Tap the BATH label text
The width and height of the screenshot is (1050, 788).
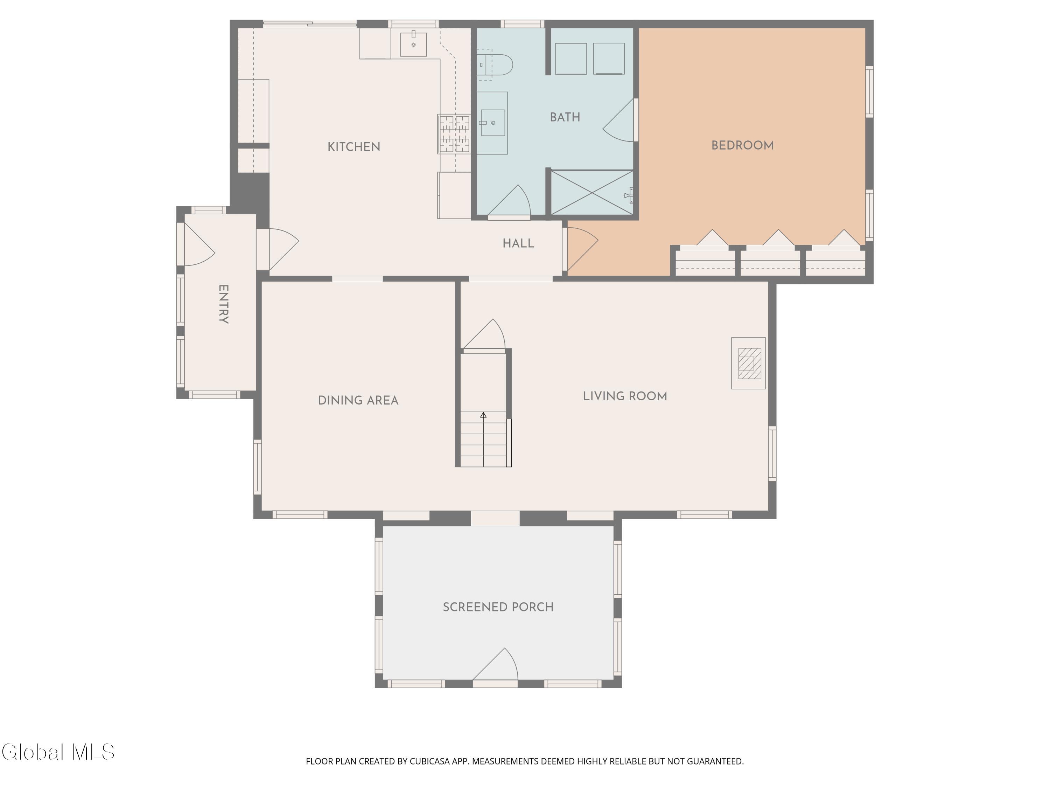[x=565, y=117]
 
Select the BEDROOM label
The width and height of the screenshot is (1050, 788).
[x=742, y=146]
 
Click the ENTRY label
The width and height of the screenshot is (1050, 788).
[x=224, y=304]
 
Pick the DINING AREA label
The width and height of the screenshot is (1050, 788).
[x=358, y=400]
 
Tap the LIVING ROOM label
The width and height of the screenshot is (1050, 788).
[x=625, y=396]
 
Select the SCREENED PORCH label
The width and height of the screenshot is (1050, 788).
[x=498, y=607]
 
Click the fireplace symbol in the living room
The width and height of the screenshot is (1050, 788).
[x=749, y=364]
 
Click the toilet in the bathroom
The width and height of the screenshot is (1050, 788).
[x=494, y=64]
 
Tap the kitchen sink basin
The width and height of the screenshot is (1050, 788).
[x=413, y=44]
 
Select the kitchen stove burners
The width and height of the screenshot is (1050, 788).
[x=454, y=134]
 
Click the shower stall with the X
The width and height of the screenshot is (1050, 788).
[x=592, y=192]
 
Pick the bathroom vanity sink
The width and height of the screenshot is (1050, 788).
[x=493, y=123]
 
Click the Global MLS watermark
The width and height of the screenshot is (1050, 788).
[x=58, y=752]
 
